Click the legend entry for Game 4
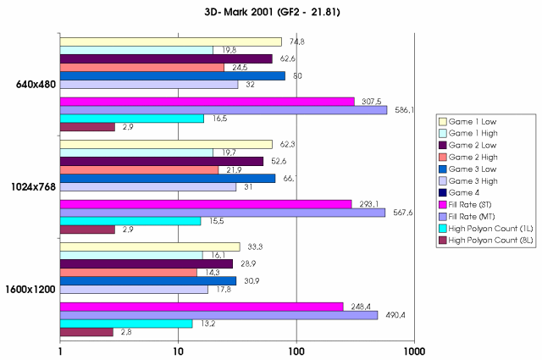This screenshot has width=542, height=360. click(473, 193)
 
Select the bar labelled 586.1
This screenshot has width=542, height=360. click(224, 110)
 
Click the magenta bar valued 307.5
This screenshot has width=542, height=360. click(207, 102)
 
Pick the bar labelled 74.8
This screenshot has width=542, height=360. click(171, 42)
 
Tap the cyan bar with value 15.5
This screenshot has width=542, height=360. click(130, 221)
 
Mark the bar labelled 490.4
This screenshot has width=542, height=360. click(218, 315)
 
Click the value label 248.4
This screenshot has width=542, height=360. click(359, 307)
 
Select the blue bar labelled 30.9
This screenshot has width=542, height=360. click(148, 280)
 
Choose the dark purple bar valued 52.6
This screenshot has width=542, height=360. click(162, 161)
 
